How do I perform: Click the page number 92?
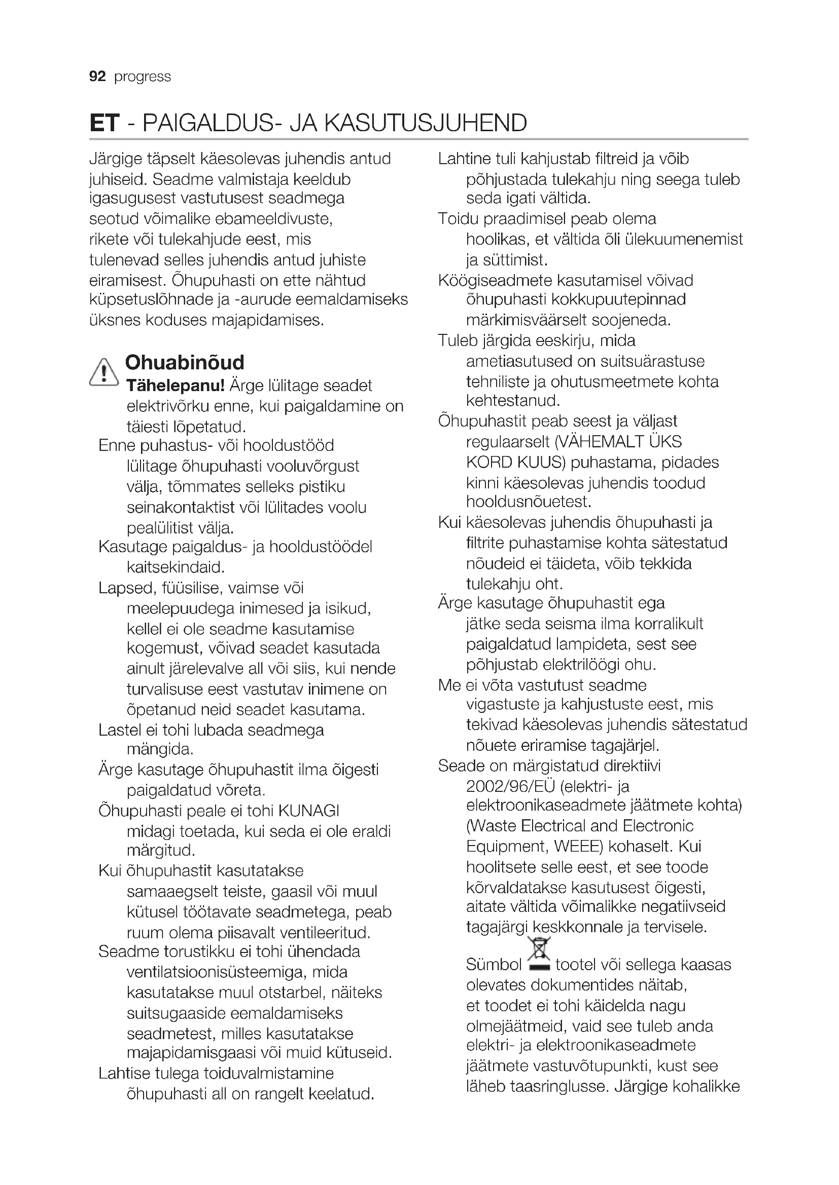point(97,77)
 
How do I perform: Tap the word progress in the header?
point(142,77)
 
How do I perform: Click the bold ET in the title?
point(104,123)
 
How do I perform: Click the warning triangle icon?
point(104,372)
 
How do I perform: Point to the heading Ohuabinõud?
point(185,362)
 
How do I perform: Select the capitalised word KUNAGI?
point(308,811)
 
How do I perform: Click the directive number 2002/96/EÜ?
point(510,786)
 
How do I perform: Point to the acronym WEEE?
point(578,847)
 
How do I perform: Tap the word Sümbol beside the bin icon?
point(494,965)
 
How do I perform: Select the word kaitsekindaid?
point(176,568)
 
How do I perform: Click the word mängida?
point(160,749)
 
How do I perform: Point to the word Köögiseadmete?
point(495,281)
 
